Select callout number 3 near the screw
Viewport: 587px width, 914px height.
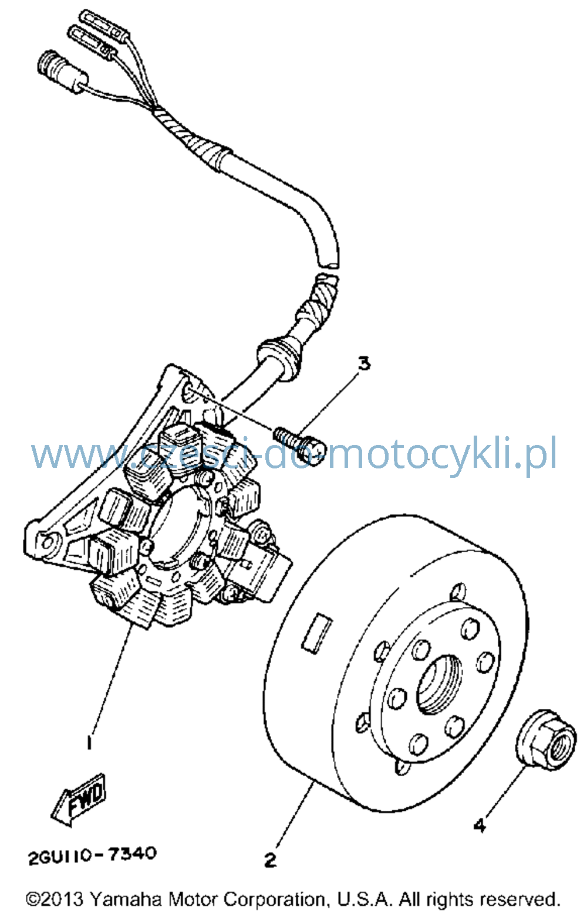[x=363, y=363]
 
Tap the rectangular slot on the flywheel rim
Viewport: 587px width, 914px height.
[x=317, y=632]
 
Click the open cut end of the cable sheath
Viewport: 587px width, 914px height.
[x=329, y=264]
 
